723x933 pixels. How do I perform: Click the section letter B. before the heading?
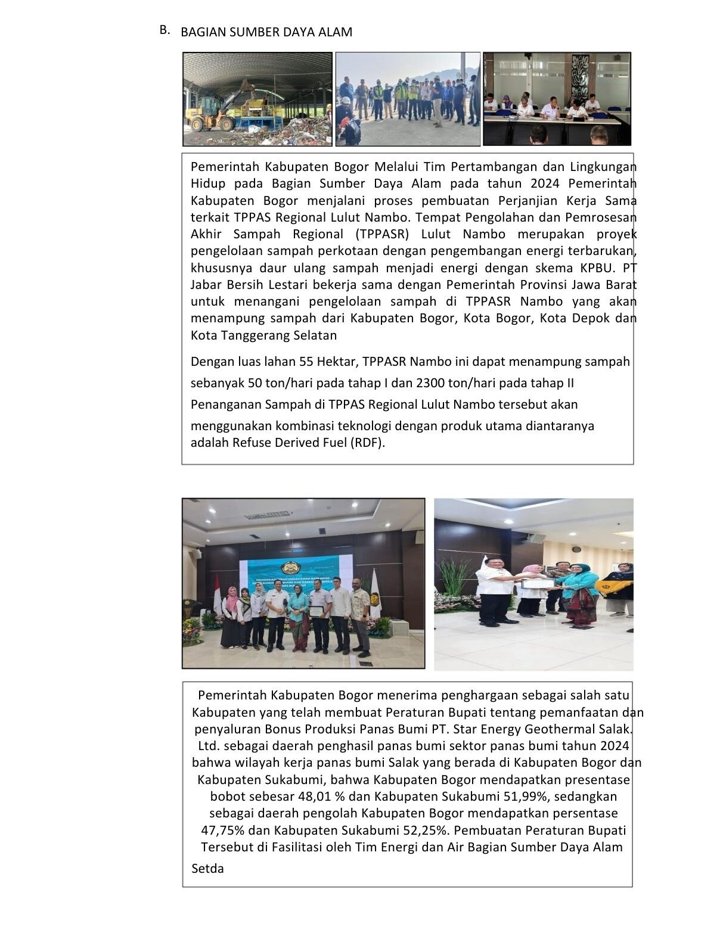click(165, 30)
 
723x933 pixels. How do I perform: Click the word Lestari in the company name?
click(287, 284)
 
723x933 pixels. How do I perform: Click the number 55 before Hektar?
click(307, 361)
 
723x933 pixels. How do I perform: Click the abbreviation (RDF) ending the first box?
click(367, 443)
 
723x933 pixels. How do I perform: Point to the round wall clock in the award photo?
click(576, 548)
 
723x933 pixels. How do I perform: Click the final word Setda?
click(207, 868)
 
